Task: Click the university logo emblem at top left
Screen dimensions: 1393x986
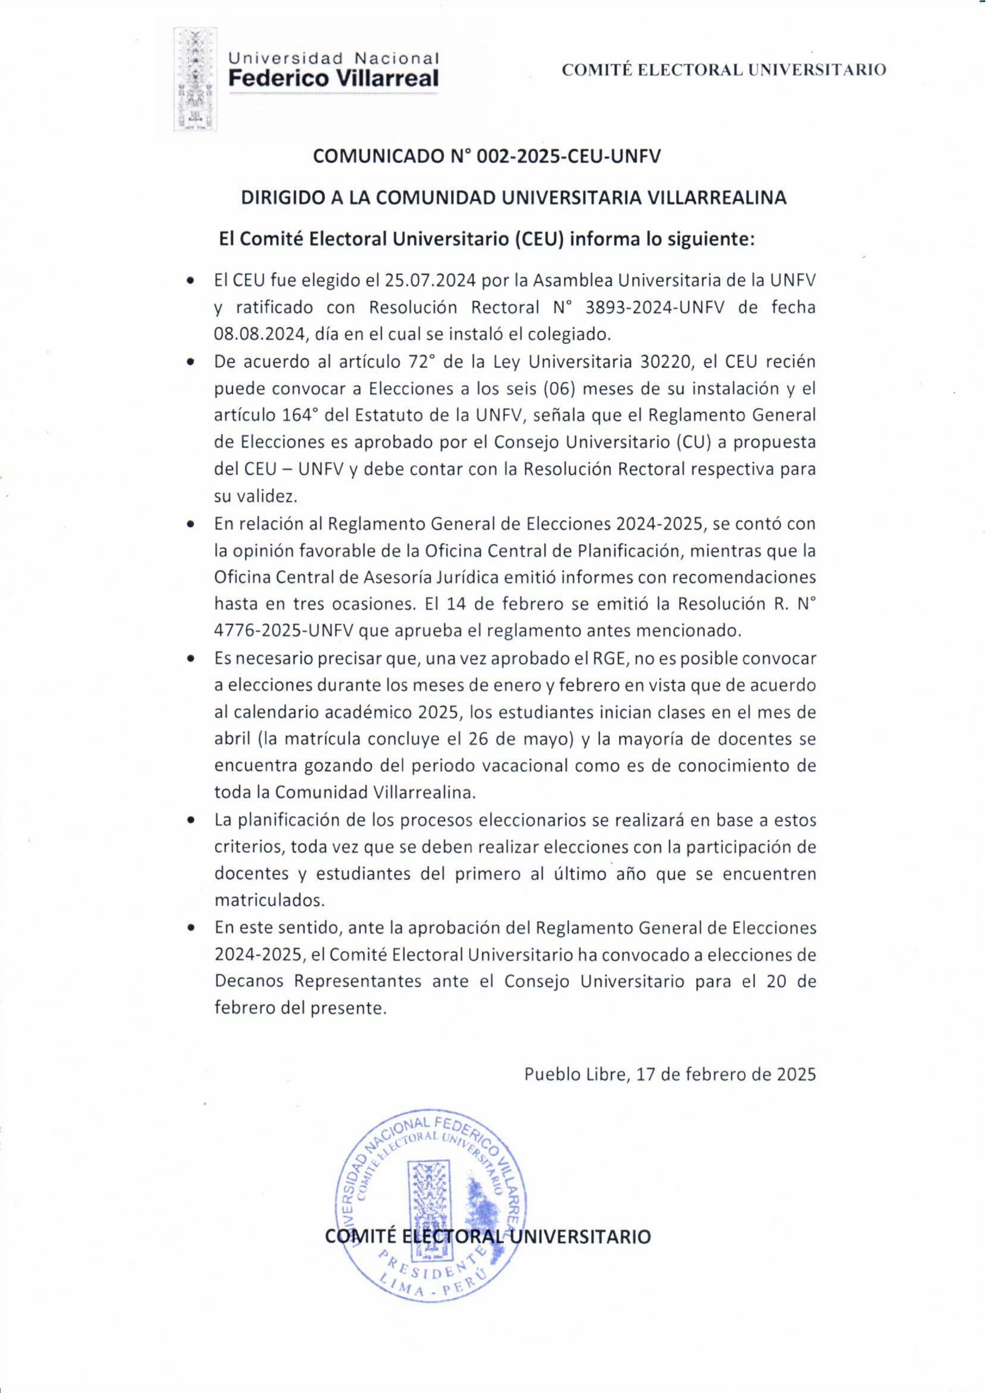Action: click(196, 79)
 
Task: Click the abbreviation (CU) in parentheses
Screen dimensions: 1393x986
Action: click(694, 442)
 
